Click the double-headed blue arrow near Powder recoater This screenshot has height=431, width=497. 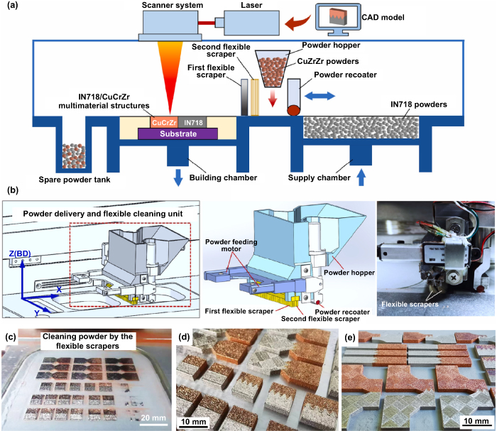pos(322,94)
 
